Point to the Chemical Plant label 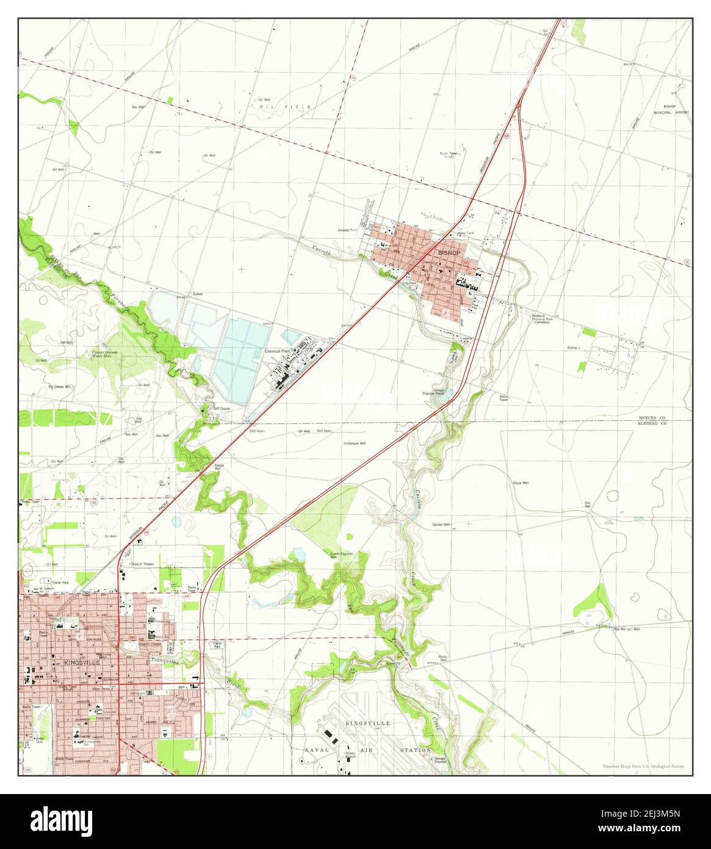[277, 352]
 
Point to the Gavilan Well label [441, 525]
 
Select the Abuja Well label [520, 483]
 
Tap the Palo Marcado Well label [627, 629]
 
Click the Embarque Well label [355, 443]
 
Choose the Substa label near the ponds [197, 294]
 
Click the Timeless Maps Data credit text [643, 766]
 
